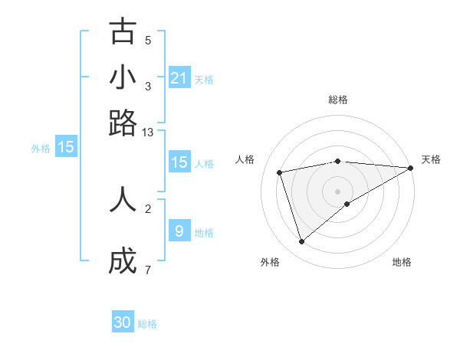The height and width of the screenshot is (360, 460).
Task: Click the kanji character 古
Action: [123, 31]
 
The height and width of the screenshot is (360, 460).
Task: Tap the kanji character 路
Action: [123, 123]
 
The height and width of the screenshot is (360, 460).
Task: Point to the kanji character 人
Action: [123, 198]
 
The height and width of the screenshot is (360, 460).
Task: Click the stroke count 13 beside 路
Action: [148, 133]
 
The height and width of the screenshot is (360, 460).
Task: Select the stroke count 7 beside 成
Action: [147, 270]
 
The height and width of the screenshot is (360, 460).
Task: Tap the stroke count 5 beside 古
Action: [148, 41]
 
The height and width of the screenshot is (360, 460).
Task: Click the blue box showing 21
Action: [179, 77]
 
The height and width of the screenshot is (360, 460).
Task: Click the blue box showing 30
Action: [123, 322]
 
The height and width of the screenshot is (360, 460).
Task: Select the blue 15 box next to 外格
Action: [66, 147]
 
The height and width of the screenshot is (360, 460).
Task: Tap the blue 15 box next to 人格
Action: [179, 162]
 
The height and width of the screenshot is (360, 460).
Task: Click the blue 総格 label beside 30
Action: [147, 324]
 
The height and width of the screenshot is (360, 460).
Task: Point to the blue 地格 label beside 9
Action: [204, 233]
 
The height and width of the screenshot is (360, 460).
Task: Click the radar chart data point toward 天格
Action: [411, 168]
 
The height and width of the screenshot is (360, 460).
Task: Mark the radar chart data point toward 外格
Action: [301, 242]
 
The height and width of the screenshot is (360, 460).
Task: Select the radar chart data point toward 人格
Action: [281, 172]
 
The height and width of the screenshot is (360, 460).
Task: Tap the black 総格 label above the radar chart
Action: [338, 100]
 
